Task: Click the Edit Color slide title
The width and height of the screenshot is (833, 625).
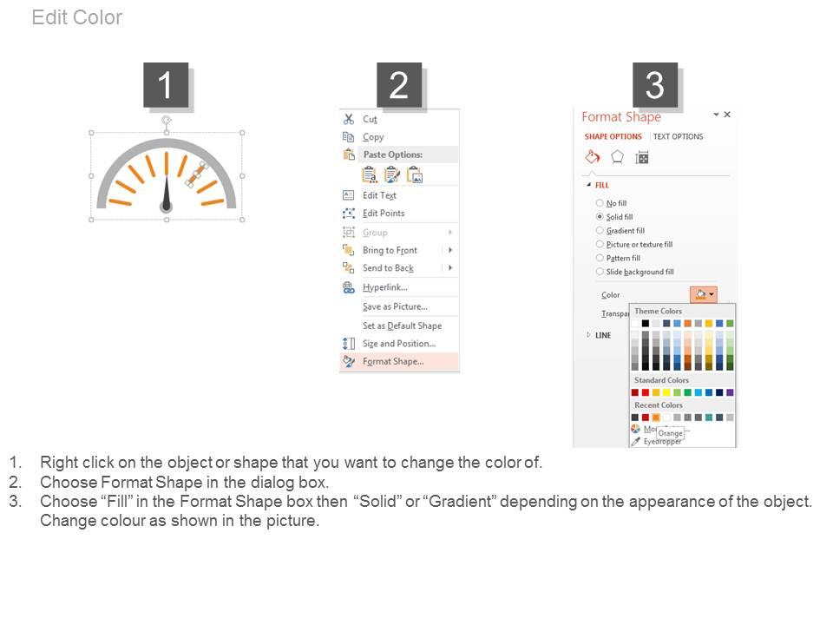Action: click(77, 17)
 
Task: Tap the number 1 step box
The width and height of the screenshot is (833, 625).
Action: click(165, 86)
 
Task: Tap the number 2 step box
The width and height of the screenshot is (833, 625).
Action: click(398, 86)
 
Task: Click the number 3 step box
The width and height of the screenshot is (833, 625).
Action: click(654, 86)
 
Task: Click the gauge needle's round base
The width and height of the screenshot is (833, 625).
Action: click(166, 206)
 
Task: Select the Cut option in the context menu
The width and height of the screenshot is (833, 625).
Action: click(370, 120)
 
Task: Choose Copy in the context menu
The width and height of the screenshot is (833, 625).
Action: click(373, 137)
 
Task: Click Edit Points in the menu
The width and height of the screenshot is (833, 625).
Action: click(384, 214)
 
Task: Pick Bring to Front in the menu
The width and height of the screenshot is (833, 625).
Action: click(390, 250)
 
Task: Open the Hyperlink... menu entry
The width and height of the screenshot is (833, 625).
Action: click(384, 287)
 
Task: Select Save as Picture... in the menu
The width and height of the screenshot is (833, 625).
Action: click(395, 306)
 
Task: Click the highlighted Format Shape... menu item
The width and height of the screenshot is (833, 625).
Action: click(393, 362)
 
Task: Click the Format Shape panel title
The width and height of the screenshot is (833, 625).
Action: click(620, 117)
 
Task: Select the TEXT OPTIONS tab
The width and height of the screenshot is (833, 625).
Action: click(678, 137)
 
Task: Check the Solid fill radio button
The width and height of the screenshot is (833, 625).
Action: click(600, 217)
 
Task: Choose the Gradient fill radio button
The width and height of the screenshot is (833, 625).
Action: click(600, 231)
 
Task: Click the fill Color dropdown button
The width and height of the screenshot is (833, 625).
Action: click(704, 295)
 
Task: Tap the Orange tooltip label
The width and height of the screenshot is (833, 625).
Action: click(670, 433)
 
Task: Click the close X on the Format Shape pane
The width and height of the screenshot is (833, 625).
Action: click(727, 115)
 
